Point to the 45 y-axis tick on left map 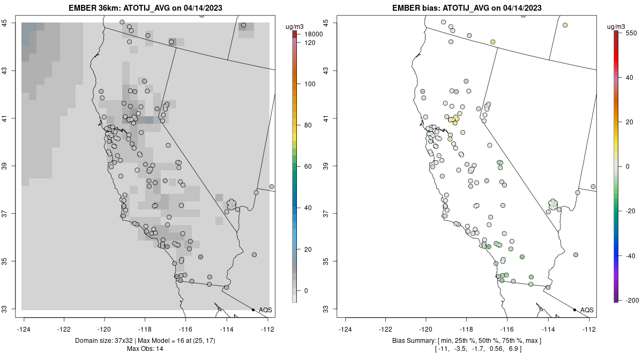coord(11,23)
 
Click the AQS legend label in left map coord(265,310)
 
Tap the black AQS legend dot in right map coord(574,310)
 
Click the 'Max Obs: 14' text coord(145,349)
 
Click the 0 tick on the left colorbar coord(306,290)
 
